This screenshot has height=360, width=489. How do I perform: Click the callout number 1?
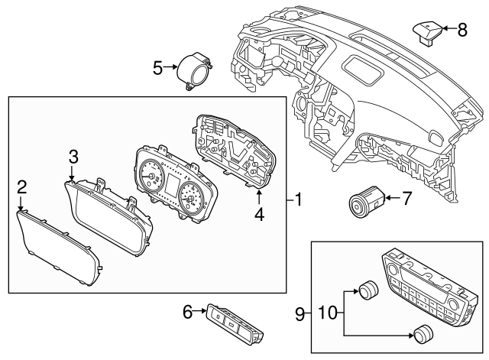(x=299, y=201)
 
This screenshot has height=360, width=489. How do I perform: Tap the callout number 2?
(x=22, y=186)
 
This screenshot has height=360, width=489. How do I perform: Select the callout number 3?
(x=73, y=157)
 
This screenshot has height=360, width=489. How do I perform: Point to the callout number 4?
(x=259, y=215)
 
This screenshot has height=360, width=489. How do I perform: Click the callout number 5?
(x=158, y=69)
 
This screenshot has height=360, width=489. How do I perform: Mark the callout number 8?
(x=461, y=30)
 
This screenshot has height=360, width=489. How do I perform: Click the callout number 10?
(x=327, y=313)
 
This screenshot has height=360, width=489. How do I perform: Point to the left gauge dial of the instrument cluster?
(x=151, y=180)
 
